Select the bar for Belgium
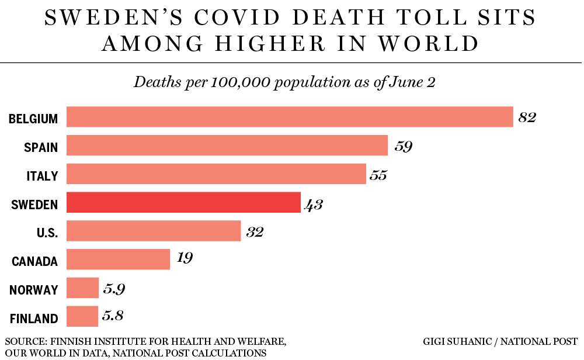pos(290,117)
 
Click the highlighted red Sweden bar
pos(183,202)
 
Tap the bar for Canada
pos(118,259)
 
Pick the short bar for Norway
pos(82,288)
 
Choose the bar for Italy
pos(216,174)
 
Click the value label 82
pos(527,117)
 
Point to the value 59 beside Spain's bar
pos(403,146)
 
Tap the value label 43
pos(314,204)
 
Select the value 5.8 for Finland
pos(113,316)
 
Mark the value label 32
pos(254,232)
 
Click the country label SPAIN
pos(41,147)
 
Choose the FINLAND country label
pos(34,319)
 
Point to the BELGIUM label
pos(33,119)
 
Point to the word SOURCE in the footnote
pos(26,341)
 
